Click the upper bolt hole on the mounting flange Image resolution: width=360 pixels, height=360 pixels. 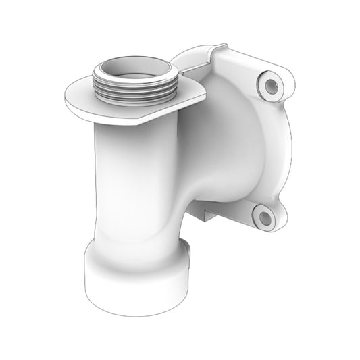click(272, 85)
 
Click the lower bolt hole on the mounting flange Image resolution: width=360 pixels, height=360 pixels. click(263, 216)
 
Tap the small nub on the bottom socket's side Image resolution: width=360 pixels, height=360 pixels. click(188, 254)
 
